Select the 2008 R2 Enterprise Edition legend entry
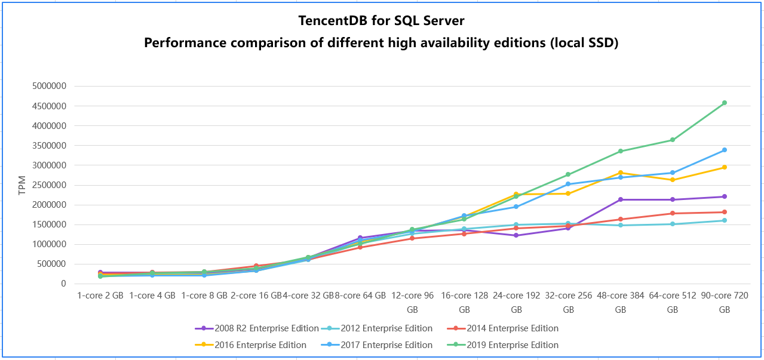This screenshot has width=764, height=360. tap(266, 328)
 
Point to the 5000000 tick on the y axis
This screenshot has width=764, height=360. tap(49, 86)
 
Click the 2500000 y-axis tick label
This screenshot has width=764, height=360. tap(49, 185)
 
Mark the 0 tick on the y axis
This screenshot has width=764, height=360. tap(62, 284)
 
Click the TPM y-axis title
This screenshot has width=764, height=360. tap(22, 185)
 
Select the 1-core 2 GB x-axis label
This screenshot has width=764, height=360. tap(100, 295)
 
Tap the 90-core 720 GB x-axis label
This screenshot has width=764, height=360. tap(724, 302)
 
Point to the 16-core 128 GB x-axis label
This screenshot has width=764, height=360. tap(464, 302)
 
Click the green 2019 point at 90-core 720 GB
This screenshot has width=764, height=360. tap(725, 103)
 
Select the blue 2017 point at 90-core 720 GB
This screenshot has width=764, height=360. tap(725, 150)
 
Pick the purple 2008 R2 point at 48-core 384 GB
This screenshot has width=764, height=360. tap(621, 199)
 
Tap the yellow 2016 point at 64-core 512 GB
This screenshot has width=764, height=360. tap(673, 180)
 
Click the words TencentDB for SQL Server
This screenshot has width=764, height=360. tap(382, 21)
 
